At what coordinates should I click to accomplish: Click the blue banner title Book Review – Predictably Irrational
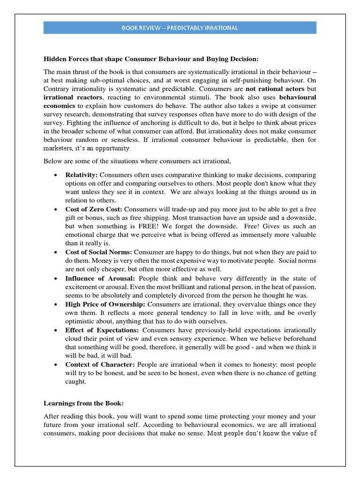pyautogui.click(x=180, y=28)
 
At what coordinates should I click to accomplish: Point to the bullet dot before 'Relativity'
pyautogui.click(x=56, y=175)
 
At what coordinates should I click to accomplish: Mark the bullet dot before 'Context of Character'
pyautogui.click(x=56, y=365)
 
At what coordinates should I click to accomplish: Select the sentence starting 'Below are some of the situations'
pyautogui.click(x=137, y=161)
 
